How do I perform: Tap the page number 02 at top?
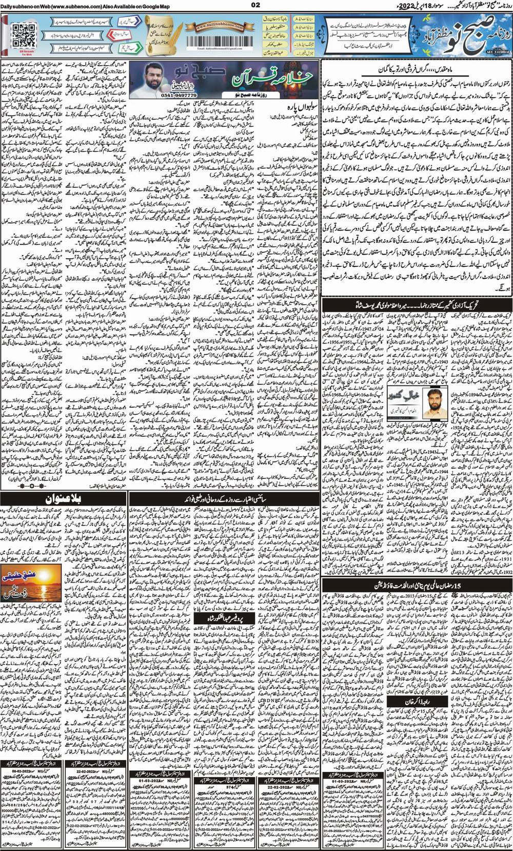click(256, 6)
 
